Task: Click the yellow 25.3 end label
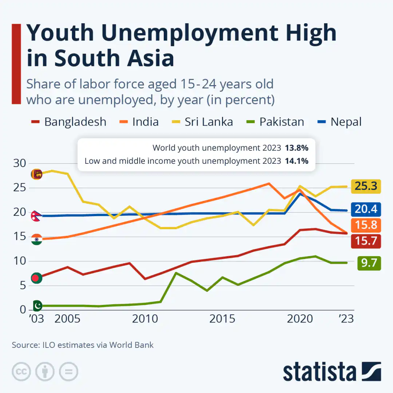pyautogui.click(x=366, y=186)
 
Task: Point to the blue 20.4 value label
pyautogui.click(x=366, y=209)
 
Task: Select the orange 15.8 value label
pyautogui.click(x=366, y=225)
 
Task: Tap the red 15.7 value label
pyautogui.click(x=366, y=241)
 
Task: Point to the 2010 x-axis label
pyautogui.click(x=145, y=319)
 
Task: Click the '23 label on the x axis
pyautogui.click(x=346, y=319)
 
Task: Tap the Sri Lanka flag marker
pyautogui.click(x=36, y=174)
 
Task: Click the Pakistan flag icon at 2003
pyautogui.click(x=37, y=305)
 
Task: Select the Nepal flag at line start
pyautogui.click(x=36, y=215)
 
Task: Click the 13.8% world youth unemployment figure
pyautogui.click(x=296, y=148)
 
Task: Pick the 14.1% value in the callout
pyautogui.click(x=296, y=160)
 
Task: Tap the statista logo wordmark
pyautogui.click(x=319, y=372)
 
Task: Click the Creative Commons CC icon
pyautogui.click(x=21, y=372)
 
